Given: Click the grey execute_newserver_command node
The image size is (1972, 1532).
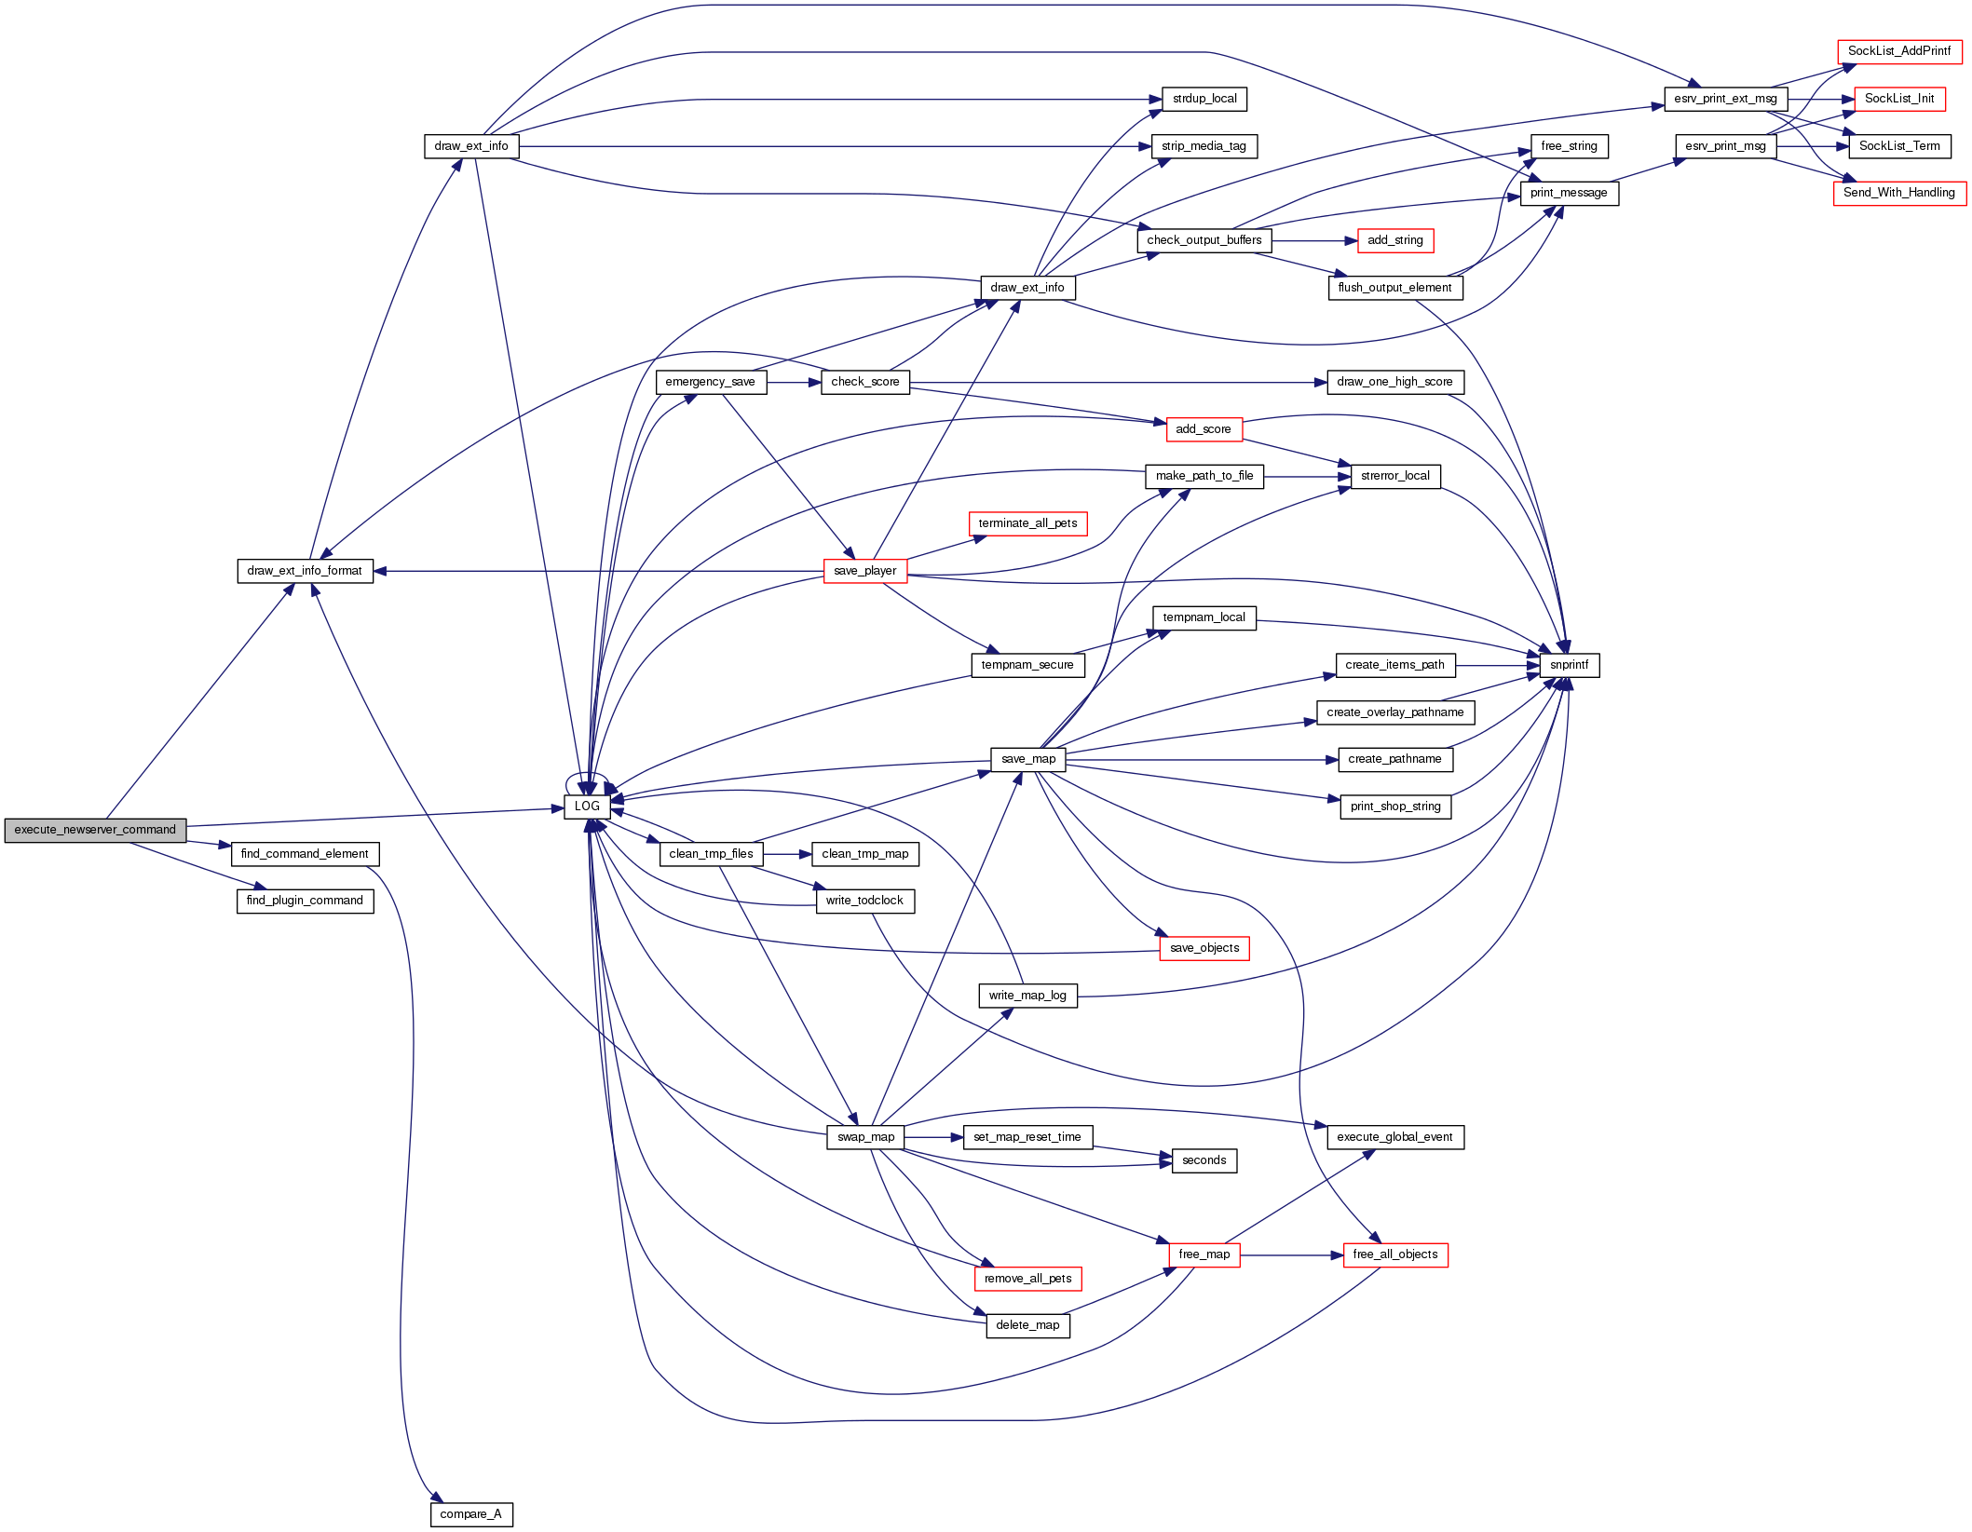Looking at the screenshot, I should (95, 830).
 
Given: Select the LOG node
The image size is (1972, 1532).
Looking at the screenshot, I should (587, 807).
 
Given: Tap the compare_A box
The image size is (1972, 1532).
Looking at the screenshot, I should (470, 1514).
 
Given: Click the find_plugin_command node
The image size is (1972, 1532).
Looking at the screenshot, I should (305, 901).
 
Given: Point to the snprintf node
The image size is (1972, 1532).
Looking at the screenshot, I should (1569, 665).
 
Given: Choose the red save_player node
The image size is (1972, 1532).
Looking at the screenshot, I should (864, 571).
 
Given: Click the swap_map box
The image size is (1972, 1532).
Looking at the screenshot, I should (864, 1137).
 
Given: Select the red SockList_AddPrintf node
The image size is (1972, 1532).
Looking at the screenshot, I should (1898, 51).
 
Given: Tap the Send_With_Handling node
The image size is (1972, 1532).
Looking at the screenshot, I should (1898, 193).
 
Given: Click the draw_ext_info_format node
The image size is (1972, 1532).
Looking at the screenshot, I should (305, 571).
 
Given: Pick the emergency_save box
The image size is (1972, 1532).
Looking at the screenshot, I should (710, 382).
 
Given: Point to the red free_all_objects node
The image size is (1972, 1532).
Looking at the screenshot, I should (1394, 1254).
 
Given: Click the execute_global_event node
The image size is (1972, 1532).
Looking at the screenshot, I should (1394, 1137).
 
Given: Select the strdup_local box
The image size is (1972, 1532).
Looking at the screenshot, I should (1204, 99).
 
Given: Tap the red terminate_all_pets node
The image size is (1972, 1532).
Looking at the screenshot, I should (1027, 523).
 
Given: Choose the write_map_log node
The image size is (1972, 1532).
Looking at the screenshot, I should (1027, 996).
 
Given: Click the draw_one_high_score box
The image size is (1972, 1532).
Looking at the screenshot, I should (1394, 382).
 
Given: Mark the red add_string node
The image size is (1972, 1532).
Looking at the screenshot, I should (1394, 240).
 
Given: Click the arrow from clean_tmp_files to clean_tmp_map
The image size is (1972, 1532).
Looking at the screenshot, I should (787, 854).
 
